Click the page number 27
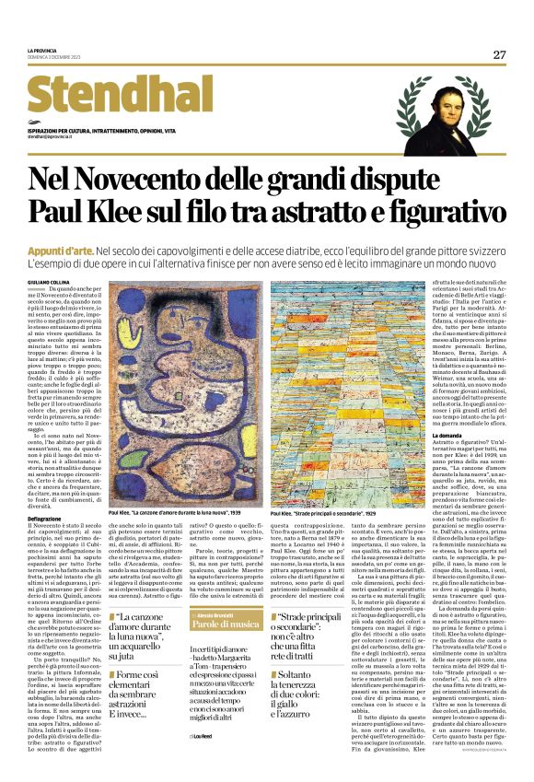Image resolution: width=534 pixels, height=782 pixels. pos(498,54)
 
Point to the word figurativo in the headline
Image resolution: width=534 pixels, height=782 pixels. pos(432,214)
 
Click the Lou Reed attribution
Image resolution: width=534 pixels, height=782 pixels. pos(204,763)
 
